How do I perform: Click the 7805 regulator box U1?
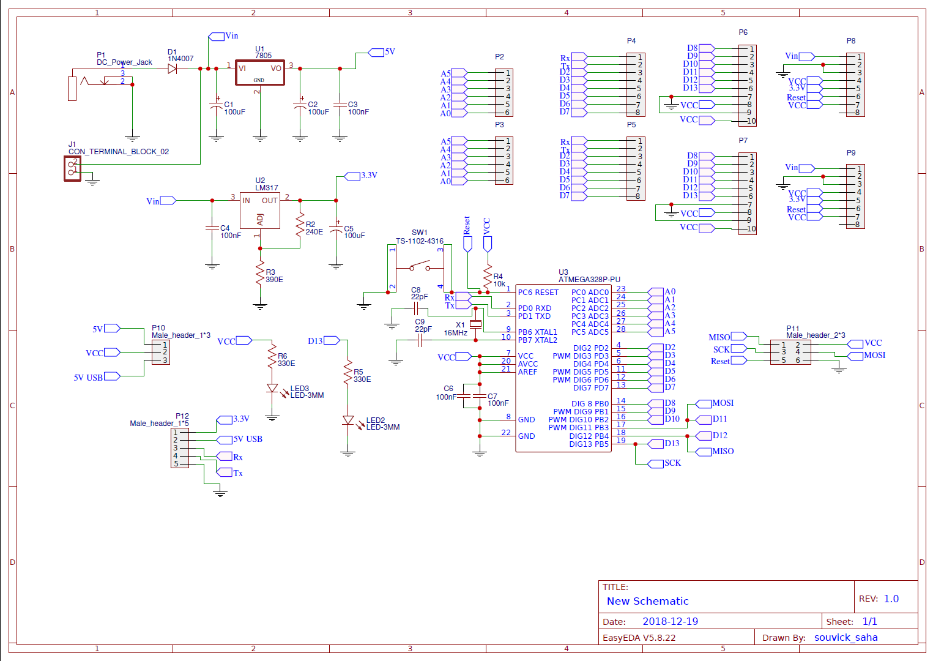click(260, 72)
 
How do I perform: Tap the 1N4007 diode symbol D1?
click(173, 69)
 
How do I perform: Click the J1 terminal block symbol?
click(73, 168)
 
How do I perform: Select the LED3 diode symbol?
click(272, 388)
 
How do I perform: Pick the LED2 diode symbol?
click(348, 420)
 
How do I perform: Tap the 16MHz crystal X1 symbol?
click(476, 324)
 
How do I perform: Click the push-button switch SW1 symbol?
click(420, 267)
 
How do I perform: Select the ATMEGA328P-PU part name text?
click(589, 280)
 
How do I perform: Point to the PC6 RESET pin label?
click(538, 293)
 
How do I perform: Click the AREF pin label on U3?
click(527, 372)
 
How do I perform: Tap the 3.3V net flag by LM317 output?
click(353, 176)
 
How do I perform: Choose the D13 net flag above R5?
click(332, 340)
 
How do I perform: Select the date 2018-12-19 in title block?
click(670, 621)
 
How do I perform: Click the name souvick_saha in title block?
click(846, 638)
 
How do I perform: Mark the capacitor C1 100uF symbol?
click(216, 106)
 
